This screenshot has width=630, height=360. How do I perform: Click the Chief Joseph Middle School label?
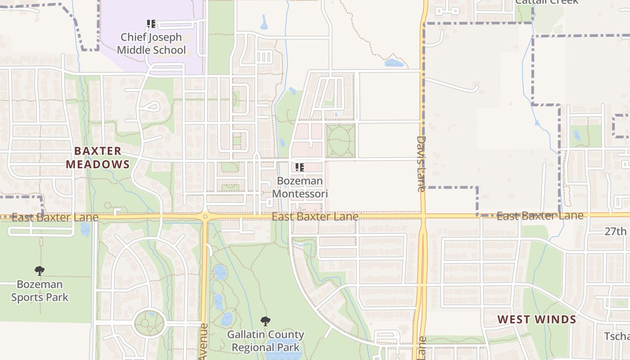(151, 44)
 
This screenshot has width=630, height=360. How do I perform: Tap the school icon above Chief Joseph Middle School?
(151, 23)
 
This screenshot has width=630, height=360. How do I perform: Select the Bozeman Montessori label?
(300, 188)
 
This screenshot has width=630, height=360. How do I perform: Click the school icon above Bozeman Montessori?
(300, 167)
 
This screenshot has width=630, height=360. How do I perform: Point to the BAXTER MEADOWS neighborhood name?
(98, 157)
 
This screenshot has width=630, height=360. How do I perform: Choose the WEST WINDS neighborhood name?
(536, 320)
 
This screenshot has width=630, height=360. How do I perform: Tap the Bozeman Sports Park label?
(40, 291)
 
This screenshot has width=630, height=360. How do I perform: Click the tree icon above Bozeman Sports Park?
(40, 271)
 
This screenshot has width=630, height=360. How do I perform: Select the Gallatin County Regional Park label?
(265, 341)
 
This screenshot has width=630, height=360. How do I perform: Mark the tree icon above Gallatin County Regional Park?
(265, 321)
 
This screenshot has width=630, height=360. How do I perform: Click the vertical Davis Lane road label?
(421, 164)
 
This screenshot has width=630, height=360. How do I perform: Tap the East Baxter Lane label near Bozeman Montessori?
(315, 217)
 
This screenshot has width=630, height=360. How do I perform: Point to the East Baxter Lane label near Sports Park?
(55, 218)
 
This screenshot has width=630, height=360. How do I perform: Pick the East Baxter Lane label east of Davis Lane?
(540, 216)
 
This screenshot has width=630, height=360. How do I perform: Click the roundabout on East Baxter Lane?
(205, 216)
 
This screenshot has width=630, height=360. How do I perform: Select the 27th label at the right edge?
(615, 231)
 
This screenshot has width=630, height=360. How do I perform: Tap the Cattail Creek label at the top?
(546, 2)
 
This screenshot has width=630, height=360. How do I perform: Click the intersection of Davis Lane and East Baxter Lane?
(423, 216)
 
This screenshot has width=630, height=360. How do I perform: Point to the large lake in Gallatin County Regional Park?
(281, 351)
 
